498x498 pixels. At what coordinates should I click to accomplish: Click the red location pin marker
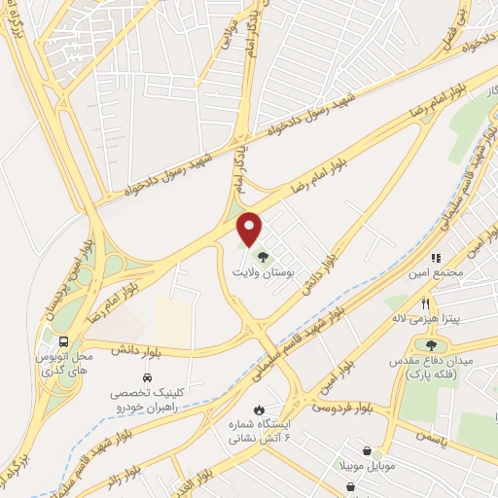[x=250, y=229]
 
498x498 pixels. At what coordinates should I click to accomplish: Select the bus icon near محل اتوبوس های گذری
[x=63, y=341]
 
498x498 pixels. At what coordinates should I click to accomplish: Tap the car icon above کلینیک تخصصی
[x=146, y=376]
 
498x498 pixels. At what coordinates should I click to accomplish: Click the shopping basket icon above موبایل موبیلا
[x=366, y=451]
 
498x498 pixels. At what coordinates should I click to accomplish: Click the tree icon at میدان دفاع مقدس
[x=432, y=343]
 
